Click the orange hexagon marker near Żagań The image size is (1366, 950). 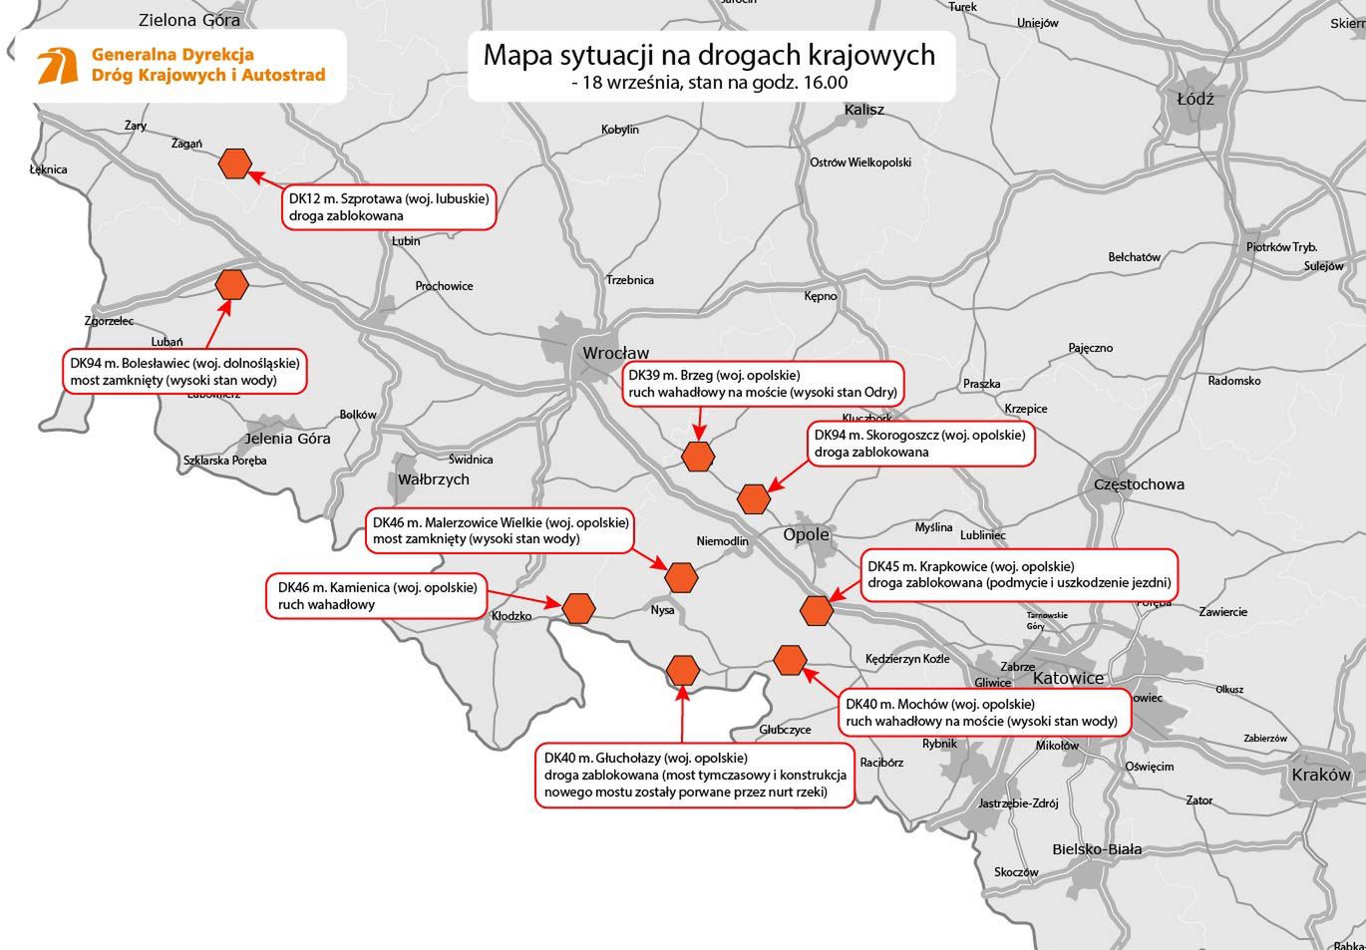tap(235, 163)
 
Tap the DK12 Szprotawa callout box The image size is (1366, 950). tap(389, 207)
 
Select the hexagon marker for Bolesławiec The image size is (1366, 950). tap(232, 284)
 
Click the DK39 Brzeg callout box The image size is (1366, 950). tap(763, 384)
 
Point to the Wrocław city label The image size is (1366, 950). tap(615, 353)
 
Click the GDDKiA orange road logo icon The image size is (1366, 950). tap(58, 66)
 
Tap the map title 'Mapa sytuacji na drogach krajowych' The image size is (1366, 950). tap(709, 54)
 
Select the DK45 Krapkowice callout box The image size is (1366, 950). tap(1018, 574)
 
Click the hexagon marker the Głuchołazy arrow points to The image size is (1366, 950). tap(682, 670)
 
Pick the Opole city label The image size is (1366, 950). tap(806, 534)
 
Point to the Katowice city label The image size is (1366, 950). tap(1068, 678)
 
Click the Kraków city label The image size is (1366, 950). tap(1321, 775)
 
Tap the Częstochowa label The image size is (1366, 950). tap(1139, 484)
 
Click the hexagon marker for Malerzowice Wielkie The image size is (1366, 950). tap(681, 576)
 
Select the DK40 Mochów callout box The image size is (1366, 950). tap(981, 712)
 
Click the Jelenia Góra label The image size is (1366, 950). tap(288, 438)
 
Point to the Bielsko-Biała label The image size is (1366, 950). tap(1097, 849)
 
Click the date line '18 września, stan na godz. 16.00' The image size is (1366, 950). tap(709, 83)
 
